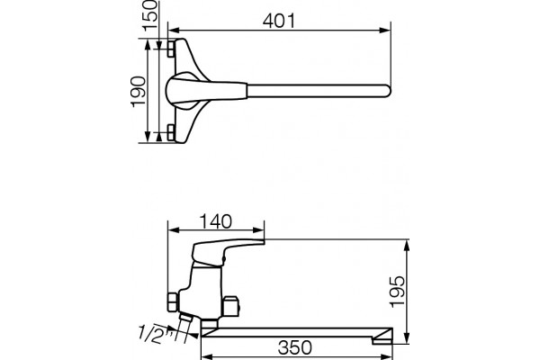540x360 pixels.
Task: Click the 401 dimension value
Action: point(279,22)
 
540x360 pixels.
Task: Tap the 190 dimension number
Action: point(139,92)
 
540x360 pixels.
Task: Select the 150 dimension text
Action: point(149,16)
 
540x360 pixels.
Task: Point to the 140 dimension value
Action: point(216,221)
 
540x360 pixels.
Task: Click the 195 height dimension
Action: point(397,291)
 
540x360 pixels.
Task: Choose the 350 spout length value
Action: point(295,347)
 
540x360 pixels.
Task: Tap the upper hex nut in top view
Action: point(171,49)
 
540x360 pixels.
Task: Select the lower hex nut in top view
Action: point(171,132)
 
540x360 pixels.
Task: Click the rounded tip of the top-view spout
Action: point(389,91)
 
